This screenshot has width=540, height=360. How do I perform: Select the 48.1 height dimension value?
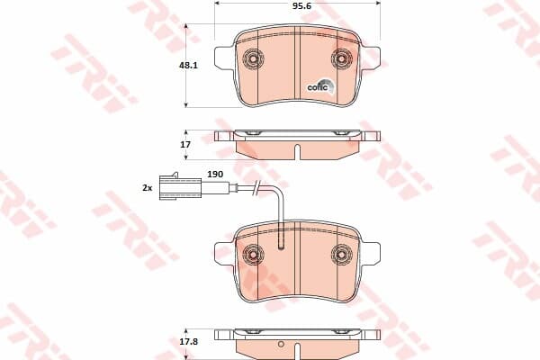click(x=188, y=65)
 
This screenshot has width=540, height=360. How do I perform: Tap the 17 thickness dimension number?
click(x=185, y=145)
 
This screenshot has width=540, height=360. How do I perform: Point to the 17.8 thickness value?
click(x=188, y=342)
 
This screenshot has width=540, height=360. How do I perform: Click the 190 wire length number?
click(x=215, y=175)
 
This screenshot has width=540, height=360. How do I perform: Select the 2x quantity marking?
click(x=148, y=188)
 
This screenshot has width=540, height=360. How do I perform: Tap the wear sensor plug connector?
click(x=180, y=188)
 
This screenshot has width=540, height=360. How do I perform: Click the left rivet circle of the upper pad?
click(x=253, y=58)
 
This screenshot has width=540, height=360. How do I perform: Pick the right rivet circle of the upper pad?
click(x=342, y=58)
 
